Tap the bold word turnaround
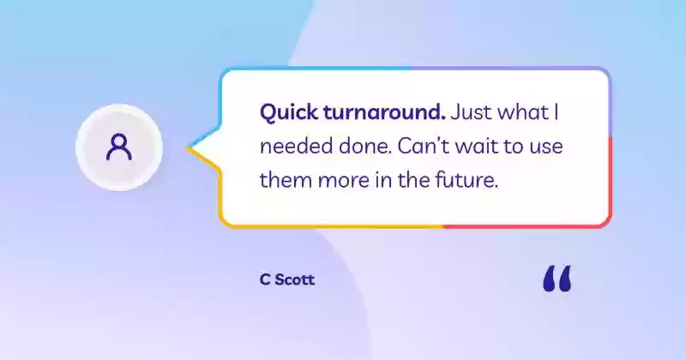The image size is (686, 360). (384, 112)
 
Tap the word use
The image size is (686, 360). (546, 147)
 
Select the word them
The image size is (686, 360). (286, 180)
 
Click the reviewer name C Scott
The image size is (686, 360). (287, 279)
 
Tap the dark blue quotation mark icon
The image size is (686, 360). (557, 279)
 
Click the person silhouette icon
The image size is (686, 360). (119, 147)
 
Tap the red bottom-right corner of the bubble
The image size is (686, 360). (606, 223)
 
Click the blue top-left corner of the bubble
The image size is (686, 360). (226, 73)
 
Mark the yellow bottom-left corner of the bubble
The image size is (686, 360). (225, 222)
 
